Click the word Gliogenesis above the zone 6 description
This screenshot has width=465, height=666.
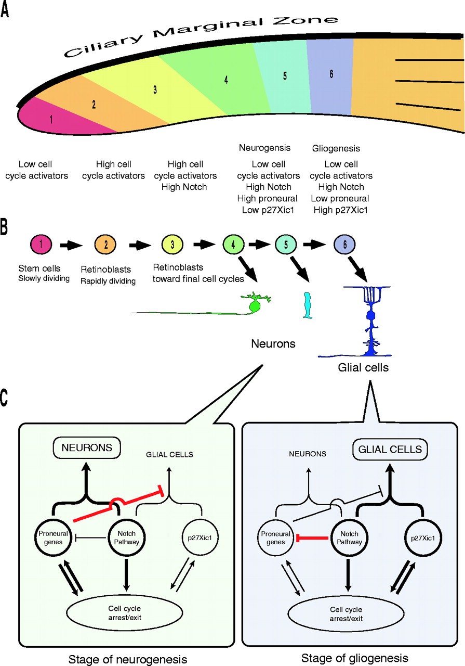pyautogui.click(x=336, y=148)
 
